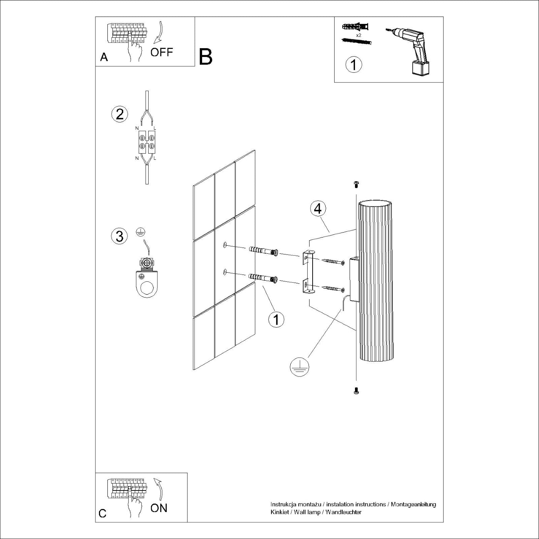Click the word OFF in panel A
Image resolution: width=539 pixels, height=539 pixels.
(161, 52)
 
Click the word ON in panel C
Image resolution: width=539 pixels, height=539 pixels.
(159, 508)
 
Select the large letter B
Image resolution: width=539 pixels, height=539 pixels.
(206, 57)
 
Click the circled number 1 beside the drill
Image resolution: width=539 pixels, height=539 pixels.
(354, 64)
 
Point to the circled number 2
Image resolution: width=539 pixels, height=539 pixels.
(119, 114)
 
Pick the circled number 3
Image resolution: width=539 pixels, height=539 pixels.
(119, 236)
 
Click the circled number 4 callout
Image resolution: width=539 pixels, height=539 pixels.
(318, 209)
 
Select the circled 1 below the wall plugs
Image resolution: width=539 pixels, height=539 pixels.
(276, 319)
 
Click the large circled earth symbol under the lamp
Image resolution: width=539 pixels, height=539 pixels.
(299, 366)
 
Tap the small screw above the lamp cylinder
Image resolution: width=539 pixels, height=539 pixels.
(356, 185)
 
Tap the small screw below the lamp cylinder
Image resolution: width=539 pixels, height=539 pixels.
(356, 391)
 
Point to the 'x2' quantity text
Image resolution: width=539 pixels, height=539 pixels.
(358, 35)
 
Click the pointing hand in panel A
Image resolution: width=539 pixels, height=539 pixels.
(134, 50)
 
